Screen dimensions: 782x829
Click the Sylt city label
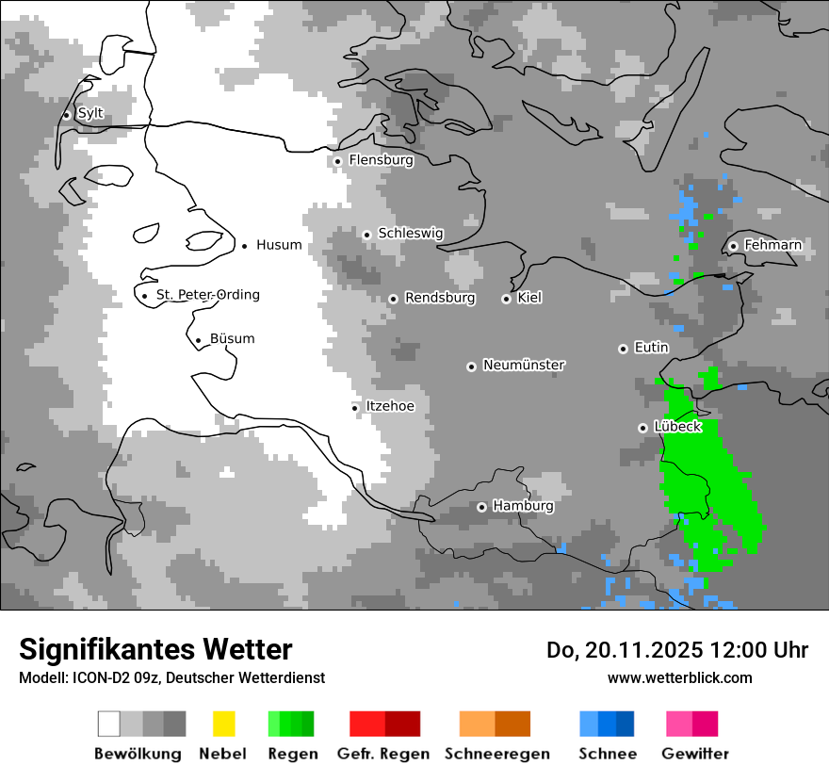point(90,114)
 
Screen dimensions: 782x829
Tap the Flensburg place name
point(381,160)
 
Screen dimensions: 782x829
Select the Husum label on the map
point(279,245)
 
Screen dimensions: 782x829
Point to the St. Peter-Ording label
point(207,295)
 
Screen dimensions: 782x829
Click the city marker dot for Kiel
point(506,299)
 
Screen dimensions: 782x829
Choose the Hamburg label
point(523,506)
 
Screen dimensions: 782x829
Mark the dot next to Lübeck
point(642,428)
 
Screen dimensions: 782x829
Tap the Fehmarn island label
point(772,245)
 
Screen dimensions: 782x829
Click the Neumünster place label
point(524,365)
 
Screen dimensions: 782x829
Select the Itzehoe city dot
point(354,408)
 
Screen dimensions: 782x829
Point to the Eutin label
point(651,348)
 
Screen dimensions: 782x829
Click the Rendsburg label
point(440,298)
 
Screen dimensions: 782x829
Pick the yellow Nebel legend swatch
point(223,724)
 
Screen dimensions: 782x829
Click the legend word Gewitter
point(694,754)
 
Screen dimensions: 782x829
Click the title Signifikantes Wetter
point(155,649)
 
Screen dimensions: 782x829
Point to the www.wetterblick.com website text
point(679,677)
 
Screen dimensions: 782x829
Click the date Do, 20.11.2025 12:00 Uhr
point(676,650)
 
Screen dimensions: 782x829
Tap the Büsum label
point(232,339)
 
